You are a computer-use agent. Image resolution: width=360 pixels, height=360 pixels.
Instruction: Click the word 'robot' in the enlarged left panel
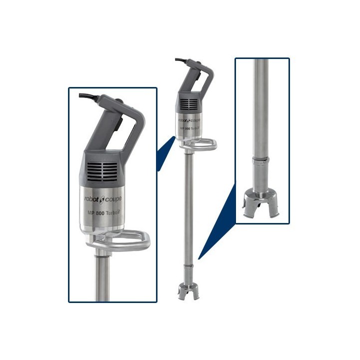[91, 198]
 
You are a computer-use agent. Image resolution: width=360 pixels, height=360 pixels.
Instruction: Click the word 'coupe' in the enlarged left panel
[113, 199]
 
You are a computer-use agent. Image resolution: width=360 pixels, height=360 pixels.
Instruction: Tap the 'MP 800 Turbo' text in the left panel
[104, 213]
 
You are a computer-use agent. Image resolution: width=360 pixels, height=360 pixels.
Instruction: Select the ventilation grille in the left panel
[102, 171]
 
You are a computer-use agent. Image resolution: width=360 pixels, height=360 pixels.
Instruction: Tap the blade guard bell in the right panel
[261, 205]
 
